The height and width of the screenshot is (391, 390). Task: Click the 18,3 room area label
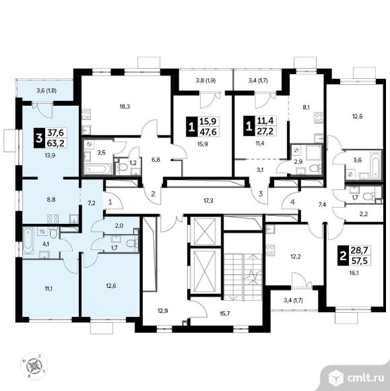[125, 107]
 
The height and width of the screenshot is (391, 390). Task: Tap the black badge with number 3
[39, 138]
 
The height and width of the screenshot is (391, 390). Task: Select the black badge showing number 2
[343, 256]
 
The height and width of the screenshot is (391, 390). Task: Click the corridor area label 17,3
[208, 200]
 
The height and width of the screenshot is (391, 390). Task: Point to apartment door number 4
[292, 202]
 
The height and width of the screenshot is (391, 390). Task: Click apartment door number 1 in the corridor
[110, 202]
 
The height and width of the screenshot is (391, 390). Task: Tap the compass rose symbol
[34, 366]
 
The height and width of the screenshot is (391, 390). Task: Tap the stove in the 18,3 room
[86, 115]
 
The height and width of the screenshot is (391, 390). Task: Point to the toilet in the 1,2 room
[123, 167]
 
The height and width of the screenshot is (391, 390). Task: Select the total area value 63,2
[56, 143]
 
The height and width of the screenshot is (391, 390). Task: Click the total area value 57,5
[360, 261]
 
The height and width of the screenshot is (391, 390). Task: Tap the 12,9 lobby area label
[163, 311]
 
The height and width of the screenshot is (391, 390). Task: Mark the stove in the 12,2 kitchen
[270, 250]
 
